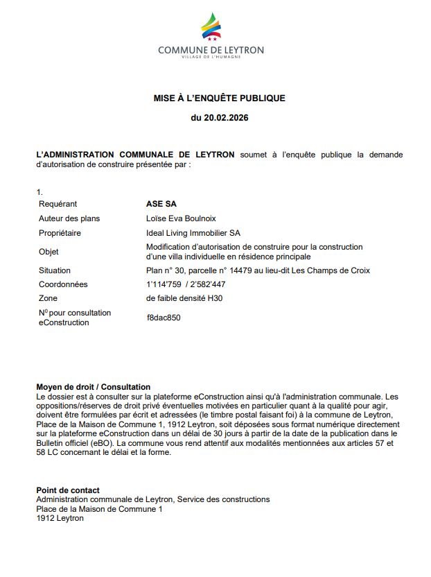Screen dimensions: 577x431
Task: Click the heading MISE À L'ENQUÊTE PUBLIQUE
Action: tap(219, 98)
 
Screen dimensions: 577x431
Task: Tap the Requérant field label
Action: tap(58, 204)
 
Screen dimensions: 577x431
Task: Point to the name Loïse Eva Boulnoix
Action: tap(181, 218)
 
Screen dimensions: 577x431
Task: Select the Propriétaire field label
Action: tap(60, 233)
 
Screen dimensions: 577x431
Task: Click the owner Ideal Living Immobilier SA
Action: tap(193, 233)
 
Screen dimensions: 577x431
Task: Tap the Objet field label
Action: tap(49, 252)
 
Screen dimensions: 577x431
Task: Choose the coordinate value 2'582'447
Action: tap(206, 284)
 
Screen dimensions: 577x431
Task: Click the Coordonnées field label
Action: tap(63, 284)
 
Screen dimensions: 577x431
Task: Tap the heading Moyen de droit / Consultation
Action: tap(93, 387)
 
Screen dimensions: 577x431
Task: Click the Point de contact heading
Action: tap(68, 490)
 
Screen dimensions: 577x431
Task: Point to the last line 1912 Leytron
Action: tap(60, 518)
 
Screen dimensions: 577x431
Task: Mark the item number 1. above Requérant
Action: tap(39, 191)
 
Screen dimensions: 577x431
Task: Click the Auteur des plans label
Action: tap(69, 218)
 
